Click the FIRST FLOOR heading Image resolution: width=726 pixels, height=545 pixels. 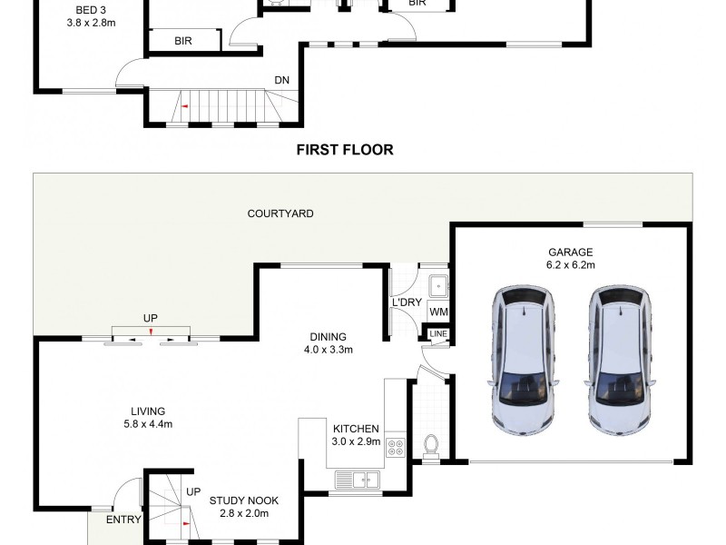coord(345,150)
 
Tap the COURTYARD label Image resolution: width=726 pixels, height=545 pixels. coord(280,214)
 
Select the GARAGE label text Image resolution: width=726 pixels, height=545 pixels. coord(570,253)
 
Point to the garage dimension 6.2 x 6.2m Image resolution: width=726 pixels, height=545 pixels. coord(570,265)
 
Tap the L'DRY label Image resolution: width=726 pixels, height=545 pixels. coord(404,302)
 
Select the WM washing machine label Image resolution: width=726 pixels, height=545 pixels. coord(438,312)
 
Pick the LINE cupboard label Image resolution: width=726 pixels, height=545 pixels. coord(438,334)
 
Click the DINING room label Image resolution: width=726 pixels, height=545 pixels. coord(328,336)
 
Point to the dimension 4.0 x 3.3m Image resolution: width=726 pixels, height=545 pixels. coord(328,349)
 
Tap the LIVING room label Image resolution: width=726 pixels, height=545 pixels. coord(147,411)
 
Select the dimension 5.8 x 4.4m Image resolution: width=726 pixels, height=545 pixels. coord(147,424)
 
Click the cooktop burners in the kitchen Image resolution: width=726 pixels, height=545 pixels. coord(396,447)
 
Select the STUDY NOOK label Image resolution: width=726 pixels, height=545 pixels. coord(243,500)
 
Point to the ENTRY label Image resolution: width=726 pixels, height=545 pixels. coord(123,520)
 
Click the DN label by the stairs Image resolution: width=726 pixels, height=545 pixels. coord(282,80)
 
